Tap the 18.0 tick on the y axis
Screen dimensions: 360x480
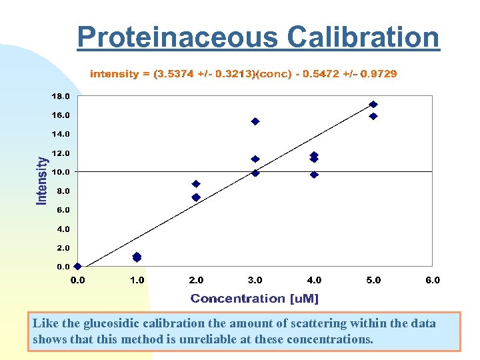[61, 96]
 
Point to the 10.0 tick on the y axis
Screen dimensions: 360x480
[61, 172]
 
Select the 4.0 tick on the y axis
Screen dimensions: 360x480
[62, 229]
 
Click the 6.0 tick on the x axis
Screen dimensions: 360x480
[433, 280]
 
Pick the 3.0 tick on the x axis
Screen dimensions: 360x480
[255, 280]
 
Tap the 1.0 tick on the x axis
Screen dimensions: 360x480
[137, 280]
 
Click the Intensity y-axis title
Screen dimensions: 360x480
[42, 181]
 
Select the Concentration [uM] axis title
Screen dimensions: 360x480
[255, 299]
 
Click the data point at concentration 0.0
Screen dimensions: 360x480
[78, 266]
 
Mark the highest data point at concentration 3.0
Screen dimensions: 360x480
[255, 121]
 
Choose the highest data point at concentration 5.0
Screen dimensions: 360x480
[373, 104]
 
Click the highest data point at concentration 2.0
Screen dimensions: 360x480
[196, 183]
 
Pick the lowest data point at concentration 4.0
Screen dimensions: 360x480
[314, 175]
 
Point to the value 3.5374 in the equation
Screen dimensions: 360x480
[174, 74]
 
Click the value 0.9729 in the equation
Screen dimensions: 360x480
[378, 74]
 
